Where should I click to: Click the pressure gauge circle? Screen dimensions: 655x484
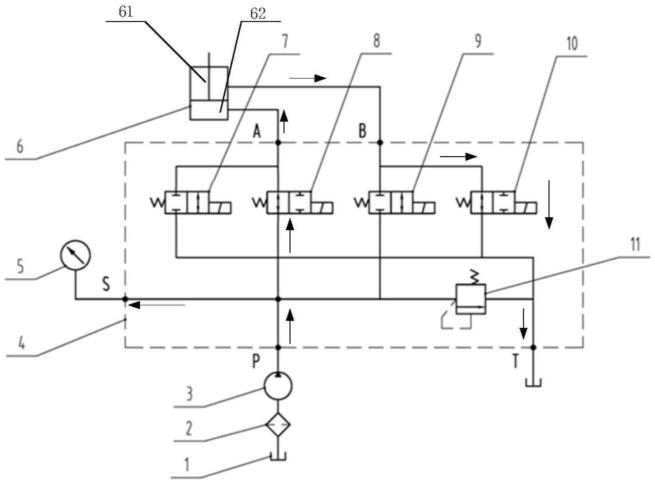click(75, 255)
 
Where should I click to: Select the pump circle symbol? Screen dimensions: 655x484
click(278, 386)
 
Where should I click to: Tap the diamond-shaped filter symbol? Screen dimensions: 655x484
click(278, 424)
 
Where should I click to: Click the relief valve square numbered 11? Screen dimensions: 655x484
click(471, 299)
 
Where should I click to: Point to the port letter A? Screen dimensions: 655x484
click(257, 131)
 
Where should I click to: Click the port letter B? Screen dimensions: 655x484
click(362, 131)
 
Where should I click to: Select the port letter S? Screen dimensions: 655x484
click(106, 284)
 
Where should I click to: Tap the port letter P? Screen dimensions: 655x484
click(256, 361)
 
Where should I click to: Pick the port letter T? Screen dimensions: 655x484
click(515, 361)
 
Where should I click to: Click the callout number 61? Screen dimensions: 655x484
click(126, 12)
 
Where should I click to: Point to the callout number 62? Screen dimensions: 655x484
click(258, 14)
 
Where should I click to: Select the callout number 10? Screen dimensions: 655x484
click(572, 44)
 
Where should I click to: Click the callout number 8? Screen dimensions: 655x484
click(376, 41)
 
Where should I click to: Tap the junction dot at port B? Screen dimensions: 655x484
click(380, 143)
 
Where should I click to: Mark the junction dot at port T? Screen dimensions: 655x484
click(533, 347)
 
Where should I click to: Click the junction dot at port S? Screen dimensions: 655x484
click(125, 299)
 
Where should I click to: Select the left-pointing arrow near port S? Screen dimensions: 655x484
click(157, 305)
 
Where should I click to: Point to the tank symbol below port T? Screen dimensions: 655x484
click(533, 383)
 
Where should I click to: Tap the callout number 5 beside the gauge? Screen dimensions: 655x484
click(20, 266)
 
